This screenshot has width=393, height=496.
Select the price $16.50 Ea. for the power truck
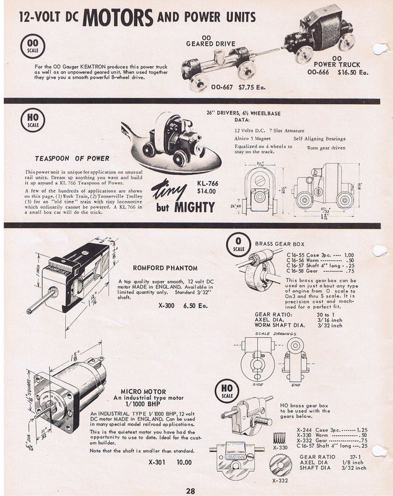click(x=352, y=72)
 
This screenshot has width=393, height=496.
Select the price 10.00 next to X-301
click(x=183, y=462)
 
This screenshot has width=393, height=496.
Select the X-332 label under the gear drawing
click(x=280, y=480)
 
